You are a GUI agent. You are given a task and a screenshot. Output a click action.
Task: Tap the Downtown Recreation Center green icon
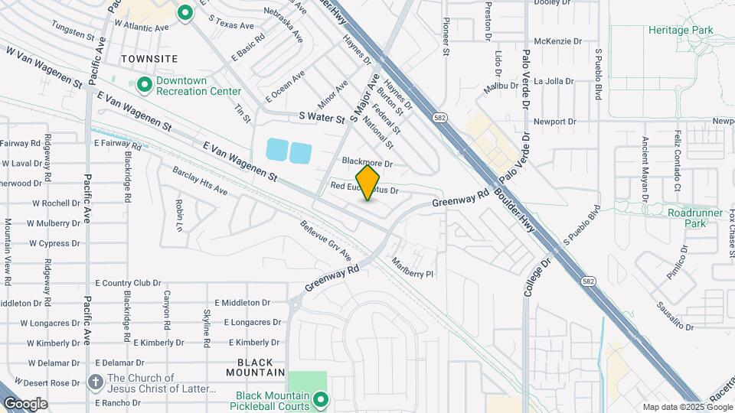click(144, 85)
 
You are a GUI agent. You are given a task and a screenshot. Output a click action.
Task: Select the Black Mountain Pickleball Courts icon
click(322, 399)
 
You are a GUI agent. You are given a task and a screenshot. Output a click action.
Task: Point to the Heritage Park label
click(680, 30)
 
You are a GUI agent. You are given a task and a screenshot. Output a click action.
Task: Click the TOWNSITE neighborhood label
click(149, 59)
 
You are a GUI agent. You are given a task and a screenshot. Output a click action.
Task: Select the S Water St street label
click(322, 118)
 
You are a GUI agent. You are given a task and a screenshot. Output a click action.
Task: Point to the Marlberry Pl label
click(413, 266)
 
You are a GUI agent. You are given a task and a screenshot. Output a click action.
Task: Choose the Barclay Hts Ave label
click(200, 180)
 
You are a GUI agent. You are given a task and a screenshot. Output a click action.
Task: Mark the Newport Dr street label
click(554, 122)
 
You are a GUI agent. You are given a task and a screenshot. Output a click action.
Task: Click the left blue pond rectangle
click(276, 151)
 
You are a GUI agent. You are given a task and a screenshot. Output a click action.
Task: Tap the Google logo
click(24, 404)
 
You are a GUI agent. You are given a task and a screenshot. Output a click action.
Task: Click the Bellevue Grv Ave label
click(325, 241)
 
